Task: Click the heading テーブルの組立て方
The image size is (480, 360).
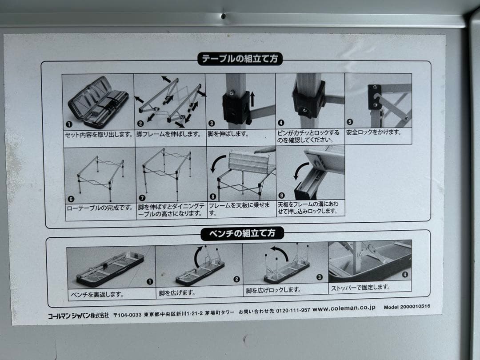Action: click(x=240, y=59)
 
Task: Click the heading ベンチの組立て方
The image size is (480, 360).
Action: click(x=242, y=233)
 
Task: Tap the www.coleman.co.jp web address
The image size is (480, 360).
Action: click(x=344, y=308)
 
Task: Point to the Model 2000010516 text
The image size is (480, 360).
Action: click(x=407, y=307)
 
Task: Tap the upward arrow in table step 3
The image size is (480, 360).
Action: click(x=252, y=98)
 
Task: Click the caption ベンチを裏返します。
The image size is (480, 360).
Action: click(x=97, y=294)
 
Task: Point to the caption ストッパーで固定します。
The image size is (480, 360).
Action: click(x=360, y=288)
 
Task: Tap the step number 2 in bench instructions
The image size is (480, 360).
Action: click(x=236, y=280)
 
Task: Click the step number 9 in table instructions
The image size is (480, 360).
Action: click(x=280, y=194)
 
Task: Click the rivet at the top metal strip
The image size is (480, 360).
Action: click(x=223, y=16)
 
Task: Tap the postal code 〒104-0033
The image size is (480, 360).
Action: click(x=128, y=315)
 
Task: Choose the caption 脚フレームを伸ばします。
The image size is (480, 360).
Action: click(x=169, y=133)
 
